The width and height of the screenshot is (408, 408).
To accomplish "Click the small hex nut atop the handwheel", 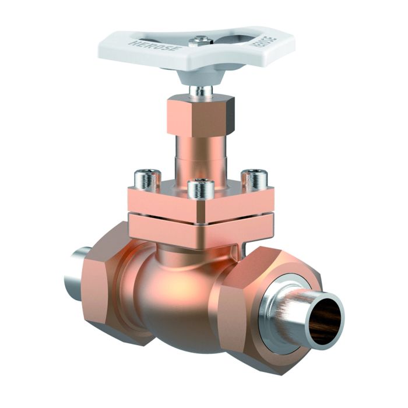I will tap(199, 41).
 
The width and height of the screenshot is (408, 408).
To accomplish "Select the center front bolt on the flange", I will tap(201, 189).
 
